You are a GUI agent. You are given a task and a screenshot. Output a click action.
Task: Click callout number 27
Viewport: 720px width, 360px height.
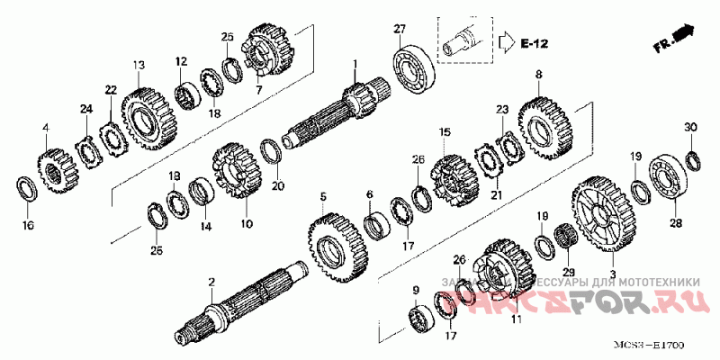pyautogui.click(x=399, y=30)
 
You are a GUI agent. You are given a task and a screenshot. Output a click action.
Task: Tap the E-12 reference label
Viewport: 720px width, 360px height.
pyautogui.click(x=535, y=42)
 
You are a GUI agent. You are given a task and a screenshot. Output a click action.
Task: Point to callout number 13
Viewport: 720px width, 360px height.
pyautogui.click(x=139, y=65)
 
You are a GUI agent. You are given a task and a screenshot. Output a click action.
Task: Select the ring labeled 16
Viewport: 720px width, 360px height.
pyautogui.click(x=27, y=190)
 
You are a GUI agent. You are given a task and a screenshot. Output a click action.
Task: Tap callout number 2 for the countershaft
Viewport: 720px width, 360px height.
pyautogui.click(x=211, y=283)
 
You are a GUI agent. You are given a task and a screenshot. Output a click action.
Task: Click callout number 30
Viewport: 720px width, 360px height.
pyautogui.click(x=690, y=128)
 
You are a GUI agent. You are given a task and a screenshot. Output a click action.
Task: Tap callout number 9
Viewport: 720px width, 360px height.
pyautogui.click(x=415, y=289)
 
